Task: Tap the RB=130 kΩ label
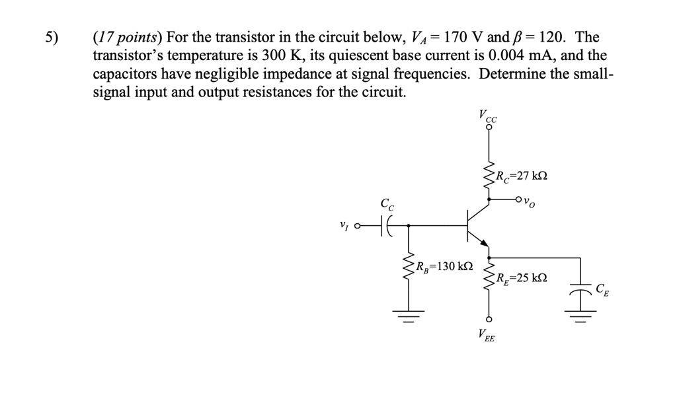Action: (444, 266)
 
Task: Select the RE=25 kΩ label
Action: (522, 278)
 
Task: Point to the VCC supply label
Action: (489, 117)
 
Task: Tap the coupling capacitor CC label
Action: (387, 206)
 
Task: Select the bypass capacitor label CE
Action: (602, 289)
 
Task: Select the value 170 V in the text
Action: (466, 38)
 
